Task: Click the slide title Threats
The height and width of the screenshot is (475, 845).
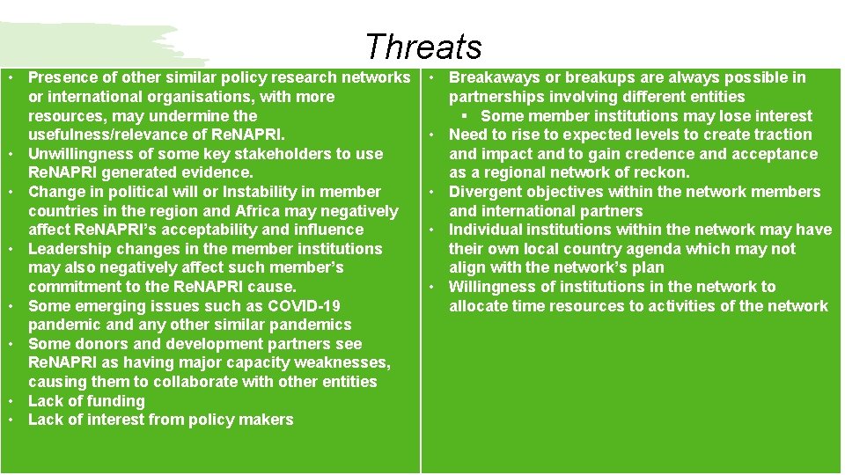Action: click(423, 47)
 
